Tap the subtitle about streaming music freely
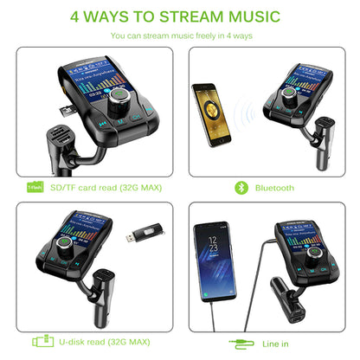tap(180, 36)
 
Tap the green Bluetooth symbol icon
tap(238, 187)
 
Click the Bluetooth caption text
tap(274, 187)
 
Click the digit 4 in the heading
tap(75, 16)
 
